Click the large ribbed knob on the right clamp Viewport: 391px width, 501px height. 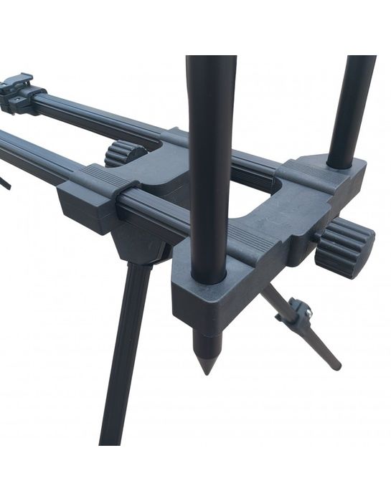(x=346, y=247)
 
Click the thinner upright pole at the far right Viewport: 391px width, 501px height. (x=352, y=108)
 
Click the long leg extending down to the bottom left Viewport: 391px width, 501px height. (x=126, y=358)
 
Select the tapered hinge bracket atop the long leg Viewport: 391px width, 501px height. (x=140, y=244)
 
